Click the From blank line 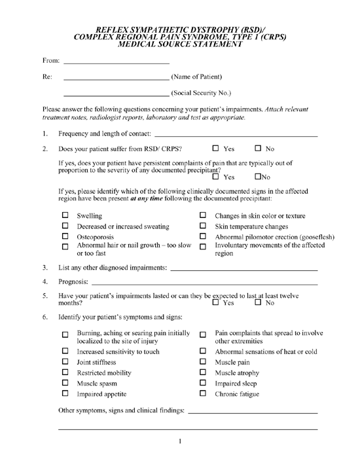pyautogui.click(x=117, y=62)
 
